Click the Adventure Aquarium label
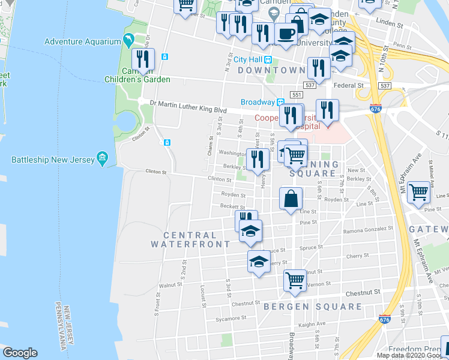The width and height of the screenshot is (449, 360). coord(83,41)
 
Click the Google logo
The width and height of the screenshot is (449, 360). coord(20,353)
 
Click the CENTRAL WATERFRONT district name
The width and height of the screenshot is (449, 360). coord(190,240)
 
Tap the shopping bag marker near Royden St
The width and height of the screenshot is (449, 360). coord(291,198)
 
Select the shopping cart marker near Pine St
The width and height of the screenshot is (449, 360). coord(418,193)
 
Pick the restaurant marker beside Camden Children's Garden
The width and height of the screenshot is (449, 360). coord(143,59)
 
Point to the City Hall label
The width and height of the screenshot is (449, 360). coord(249,59)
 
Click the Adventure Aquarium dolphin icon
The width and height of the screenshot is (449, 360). coord(128,41)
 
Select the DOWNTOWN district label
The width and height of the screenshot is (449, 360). coord(271,70)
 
